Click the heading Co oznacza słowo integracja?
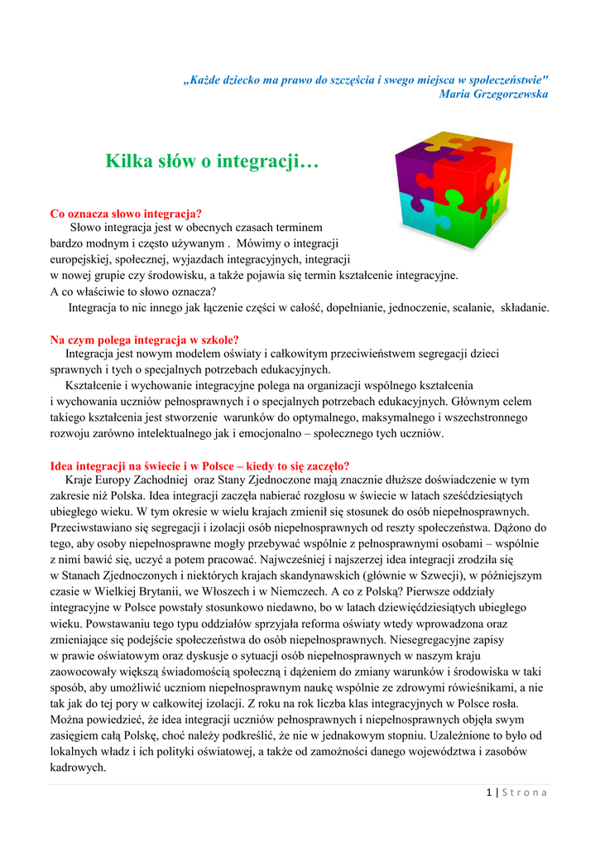[127, 214]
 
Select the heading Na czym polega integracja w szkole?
[144, 340]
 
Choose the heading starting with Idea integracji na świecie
[199, 465]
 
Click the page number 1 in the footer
[490, 793]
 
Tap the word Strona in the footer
[525, 793]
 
